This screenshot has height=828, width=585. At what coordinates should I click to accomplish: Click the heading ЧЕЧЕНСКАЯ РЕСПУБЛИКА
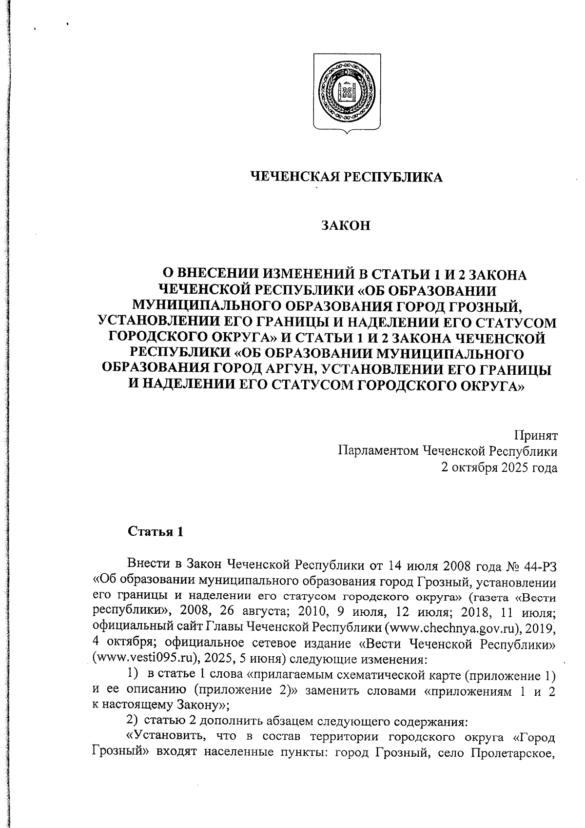tap(346, 177)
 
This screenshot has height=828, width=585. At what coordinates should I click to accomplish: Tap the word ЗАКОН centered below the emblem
tap(346, 226)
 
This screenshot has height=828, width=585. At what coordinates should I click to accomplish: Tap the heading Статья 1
tap(156, 531)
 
